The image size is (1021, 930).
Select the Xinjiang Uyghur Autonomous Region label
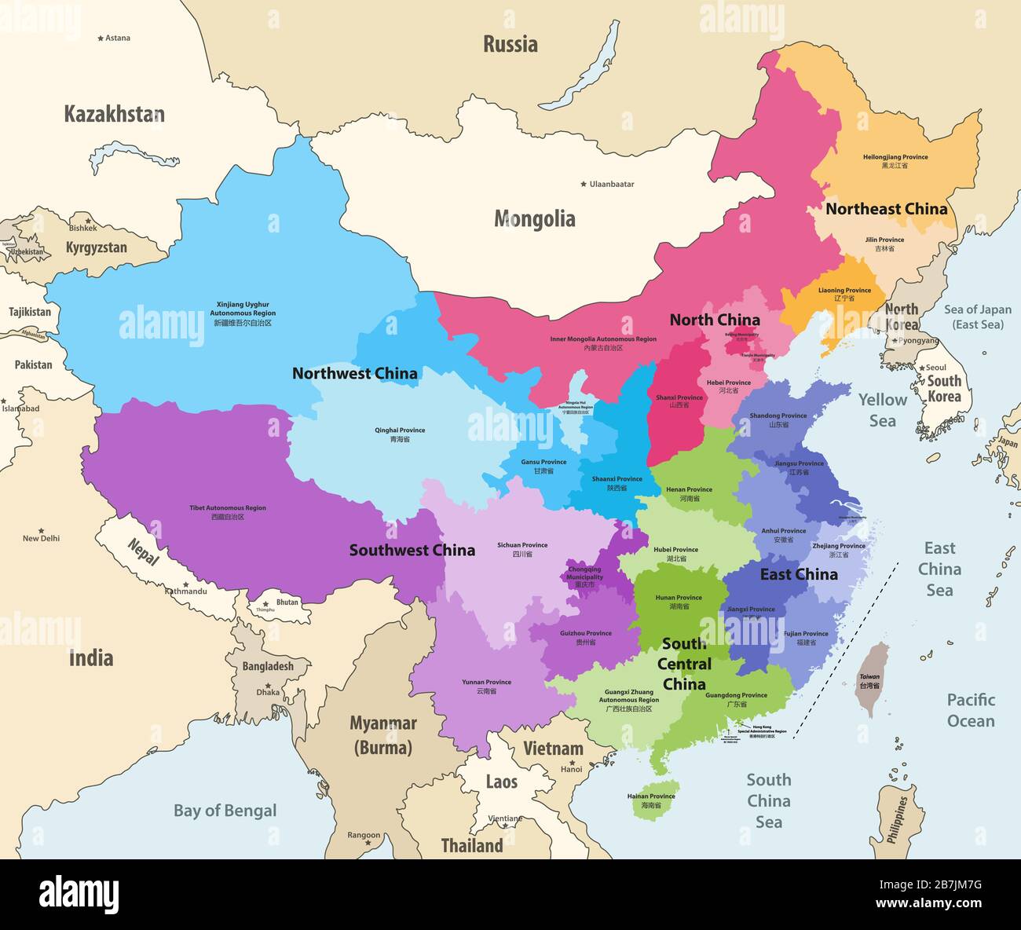pos(242,313)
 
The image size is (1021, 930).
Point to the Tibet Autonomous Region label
pos(228,512)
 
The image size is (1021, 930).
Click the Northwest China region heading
pos(354,373)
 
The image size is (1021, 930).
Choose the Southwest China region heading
pos(412,550)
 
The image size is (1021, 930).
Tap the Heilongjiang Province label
pos(895,161)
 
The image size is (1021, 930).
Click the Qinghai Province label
pos(400,434)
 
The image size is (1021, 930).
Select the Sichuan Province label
pos(522,549)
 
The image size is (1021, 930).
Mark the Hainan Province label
pos(651,800)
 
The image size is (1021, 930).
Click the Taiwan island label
pos(869,680)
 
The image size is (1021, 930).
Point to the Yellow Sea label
pos(882,410)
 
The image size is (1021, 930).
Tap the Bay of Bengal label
pos(225,811)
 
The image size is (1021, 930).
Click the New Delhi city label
pos(41,538)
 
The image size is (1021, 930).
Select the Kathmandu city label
pos(186,591)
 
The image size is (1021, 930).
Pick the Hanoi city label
pos(571,769)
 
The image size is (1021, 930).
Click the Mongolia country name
pos(534,219)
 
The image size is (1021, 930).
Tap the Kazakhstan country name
pos(114,114)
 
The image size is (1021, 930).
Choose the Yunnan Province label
pos(487,687)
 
